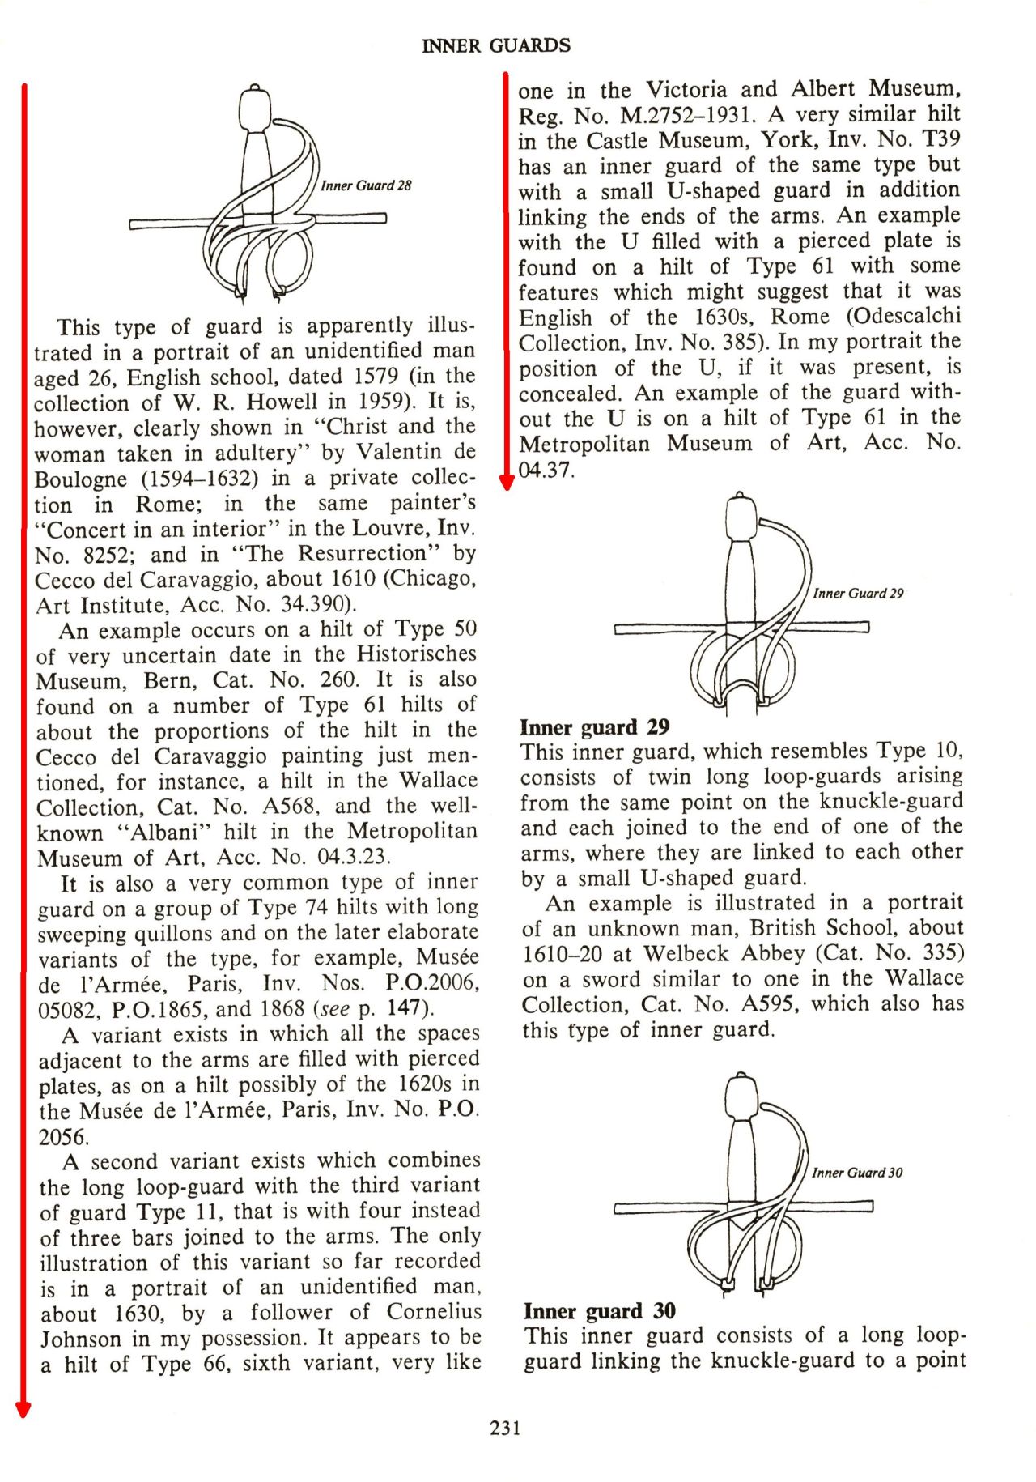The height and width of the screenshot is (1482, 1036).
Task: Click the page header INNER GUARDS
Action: pos(496,46)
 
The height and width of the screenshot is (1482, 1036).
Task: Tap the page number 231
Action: pos(505,1428)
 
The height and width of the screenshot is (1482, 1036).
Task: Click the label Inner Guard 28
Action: pos(366,185)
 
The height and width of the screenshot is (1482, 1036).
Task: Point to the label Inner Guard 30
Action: pos(857,1173)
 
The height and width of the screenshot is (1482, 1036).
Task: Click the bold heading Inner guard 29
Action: pos(595,726)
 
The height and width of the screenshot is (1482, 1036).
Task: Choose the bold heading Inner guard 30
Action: pos(600,1310)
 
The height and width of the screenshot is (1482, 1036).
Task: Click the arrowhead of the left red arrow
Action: pos(23,1410)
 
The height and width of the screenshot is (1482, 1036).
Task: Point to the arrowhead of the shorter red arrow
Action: pos(507,483)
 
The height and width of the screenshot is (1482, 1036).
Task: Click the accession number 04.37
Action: pos(546,470)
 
